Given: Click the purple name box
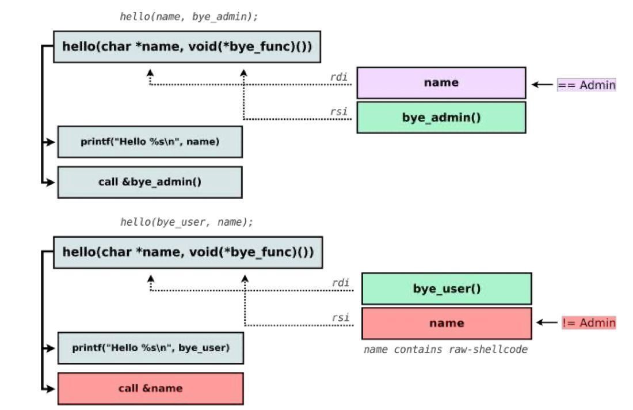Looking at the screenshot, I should coord(441,83).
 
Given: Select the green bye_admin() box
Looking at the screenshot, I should coord(441,117).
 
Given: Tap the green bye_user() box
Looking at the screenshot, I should coord(447,288).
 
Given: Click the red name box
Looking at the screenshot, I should coord(447,323).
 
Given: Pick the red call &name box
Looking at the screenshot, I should coord(150,388).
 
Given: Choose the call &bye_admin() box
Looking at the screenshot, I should coord(150,182).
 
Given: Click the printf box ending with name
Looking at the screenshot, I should coord(150,142).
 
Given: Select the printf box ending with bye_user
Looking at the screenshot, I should coord(150,348).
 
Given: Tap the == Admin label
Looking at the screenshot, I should coord(586,85).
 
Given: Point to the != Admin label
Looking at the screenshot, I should coord(589,323).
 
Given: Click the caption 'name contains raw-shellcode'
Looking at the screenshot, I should coord(445,350).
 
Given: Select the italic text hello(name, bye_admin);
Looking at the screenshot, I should coord(189,17).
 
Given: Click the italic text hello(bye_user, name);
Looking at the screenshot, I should coord(186,222).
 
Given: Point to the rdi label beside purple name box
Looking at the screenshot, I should coord(338,77).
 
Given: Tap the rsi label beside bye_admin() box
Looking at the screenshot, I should coord(339,112).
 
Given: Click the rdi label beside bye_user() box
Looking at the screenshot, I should coord(341,283).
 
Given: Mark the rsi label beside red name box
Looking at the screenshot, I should coord(341,317).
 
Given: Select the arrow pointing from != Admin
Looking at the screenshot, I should coord(547,323).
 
